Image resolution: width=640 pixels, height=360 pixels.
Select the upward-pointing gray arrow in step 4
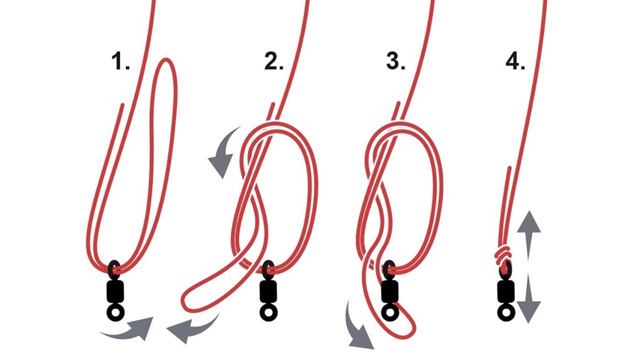pos(529,234)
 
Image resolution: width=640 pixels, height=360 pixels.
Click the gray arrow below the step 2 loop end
pos(194,328)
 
